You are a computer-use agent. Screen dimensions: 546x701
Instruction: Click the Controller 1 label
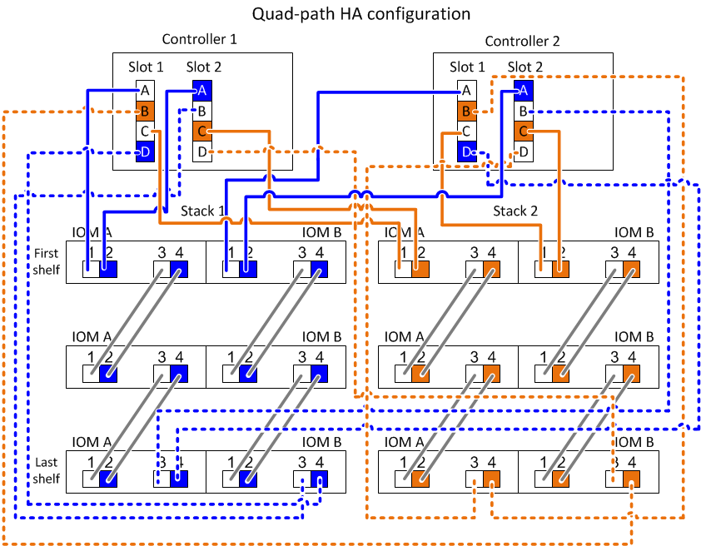pyautogui.click(x=200, y=40)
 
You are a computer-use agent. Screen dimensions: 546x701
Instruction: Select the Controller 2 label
pyautogui.click(x=522, y=42)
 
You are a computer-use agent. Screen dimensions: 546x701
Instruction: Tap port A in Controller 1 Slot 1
pyautogui.click(x=145, y=90)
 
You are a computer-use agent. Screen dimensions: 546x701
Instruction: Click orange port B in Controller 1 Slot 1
pyautogui.click(x=145, y=110)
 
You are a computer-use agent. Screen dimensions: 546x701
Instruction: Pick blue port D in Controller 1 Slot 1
pyautogui.click(x=145, y=151)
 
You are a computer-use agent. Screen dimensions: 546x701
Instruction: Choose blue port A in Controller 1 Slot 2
pyautogui.click(x=201, y=90)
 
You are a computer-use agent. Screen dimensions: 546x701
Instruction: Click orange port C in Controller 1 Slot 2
pyautogui.click(x=201, y=131)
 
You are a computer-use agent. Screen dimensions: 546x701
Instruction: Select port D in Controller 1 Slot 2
pyautogui.click(x=201, y=151)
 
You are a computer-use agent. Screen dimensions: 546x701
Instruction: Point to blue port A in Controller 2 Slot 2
pyautogui.click(x=522, y=90)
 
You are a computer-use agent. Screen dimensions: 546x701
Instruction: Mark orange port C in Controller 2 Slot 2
pyautogui.click(x=522, y=131)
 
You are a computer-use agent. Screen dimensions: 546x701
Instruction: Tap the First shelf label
pyautogui.click(x=47, y=261)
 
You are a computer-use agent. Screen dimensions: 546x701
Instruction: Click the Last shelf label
pyautogui.click(x=47, y=470)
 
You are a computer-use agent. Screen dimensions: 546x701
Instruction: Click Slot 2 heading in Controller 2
pyautogui.click(x=525, y=67)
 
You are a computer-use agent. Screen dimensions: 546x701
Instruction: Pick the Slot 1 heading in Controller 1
pyautogui.click(x=146, y=67)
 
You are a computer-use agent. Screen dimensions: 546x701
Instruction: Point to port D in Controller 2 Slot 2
pyautogui.click(x=522, y=151)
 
